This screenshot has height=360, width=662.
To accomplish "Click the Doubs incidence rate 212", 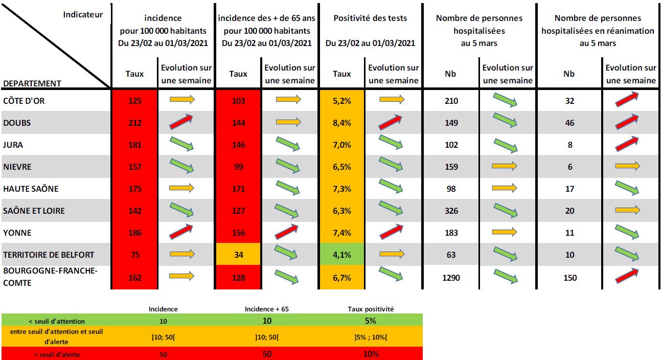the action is tap(135, 123).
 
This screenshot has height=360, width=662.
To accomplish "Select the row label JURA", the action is tap(13, 145).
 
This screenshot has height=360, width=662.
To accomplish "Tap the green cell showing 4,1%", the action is tap(342, 254).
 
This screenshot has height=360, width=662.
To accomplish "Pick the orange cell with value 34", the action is tap(239, 254).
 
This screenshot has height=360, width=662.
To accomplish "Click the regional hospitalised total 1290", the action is tap(451, 278).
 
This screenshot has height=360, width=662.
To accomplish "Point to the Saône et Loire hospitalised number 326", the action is tap(451, 211).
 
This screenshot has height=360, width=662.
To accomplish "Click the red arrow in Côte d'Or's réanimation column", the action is tap(627, 99).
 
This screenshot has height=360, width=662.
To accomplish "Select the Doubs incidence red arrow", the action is tap(181, 122).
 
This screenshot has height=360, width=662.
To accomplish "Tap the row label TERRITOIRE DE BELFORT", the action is tap(49, 255).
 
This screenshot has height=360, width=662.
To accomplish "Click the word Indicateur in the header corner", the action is tap(83, 14).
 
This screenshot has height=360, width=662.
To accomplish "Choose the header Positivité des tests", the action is tap(370, 18).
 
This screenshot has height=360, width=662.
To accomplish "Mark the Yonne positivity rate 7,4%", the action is tap(342, 233).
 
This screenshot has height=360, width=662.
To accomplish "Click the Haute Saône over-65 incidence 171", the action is tap(239, 189).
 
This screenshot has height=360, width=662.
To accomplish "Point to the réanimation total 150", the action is tap(570, 278).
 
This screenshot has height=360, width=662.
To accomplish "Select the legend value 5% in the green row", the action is tap(370, 321).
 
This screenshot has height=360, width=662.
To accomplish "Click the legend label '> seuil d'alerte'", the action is tap(57, 354).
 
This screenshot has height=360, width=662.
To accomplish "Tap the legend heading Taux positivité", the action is tap(371, 309).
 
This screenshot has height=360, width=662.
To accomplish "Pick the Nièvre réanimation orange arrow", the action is tap(627, 166).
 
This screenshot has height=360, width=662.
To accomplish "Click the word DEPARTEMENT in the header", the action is tap(32, 84).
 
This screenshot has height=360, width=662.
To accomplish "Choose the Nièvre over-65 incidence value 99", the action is tap(239, 167).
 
